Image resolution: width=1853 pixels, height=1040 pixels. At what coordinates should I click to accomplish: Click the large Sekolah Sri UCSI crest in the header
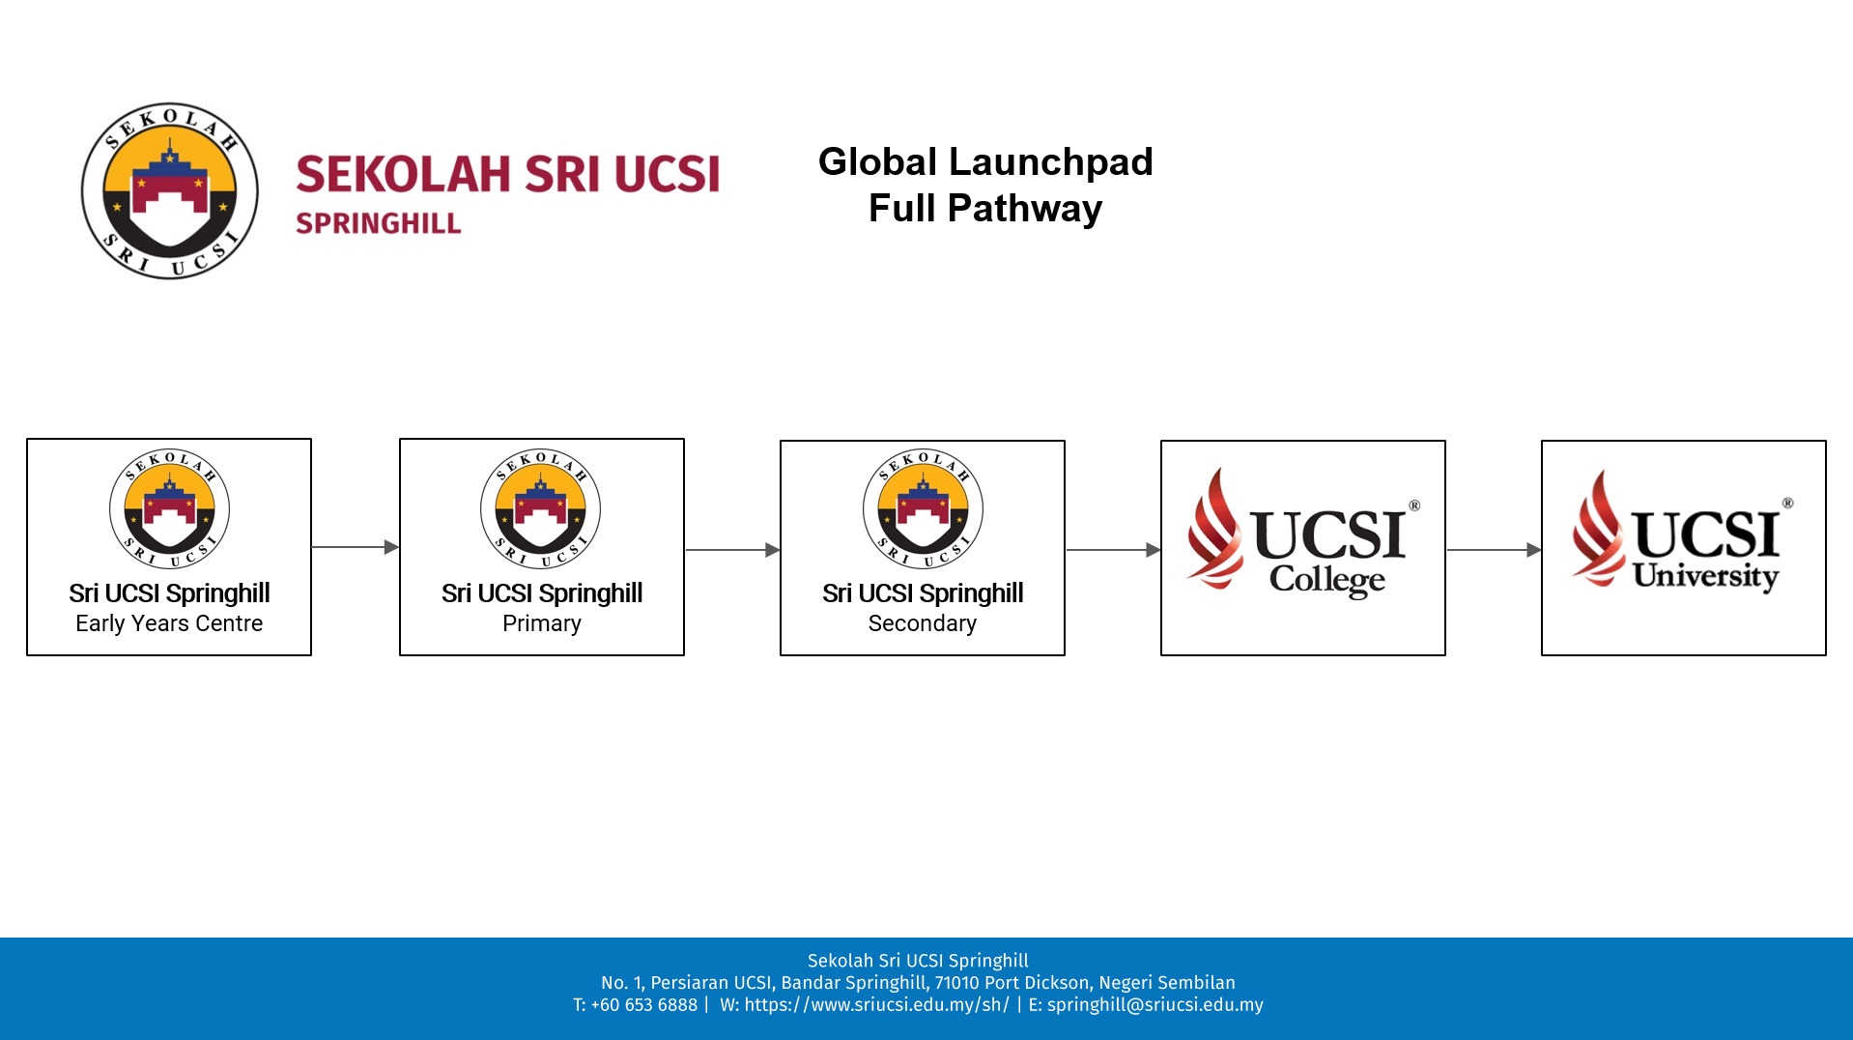(170, 191)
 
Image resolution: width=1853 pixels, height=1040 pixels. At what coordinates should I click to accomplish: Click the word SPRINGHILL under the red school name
(379, 223)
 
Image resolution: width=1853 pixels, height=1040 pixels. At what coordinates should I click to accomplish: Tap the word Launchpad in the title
(1051, 163)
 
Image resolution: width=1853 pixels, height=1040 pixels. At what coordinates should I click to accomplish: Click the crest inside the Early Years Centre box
(169, 508)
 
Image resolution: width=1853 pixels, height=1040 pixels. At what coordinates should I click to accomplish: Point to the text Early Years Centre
(169, 623)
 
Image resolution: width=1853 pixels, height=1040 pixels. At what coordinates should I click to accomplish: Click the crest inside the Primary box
(541, 508)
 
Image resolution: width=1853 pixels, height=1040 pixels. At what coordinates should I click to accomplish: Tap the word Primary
(542, 623)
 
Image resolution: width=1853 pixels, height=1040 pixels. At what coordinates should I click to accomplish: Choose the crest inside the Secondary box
(923, 508)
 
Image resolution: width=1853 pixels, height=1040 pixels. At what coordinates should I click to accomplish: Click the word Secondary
(923, 623)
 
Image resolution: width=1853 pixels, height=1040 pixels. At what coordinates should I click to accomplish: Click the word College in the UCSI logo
(1327, 580)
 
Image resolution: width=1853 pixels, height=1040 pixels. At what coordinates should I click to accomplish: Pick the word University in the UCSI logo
(1706, 576)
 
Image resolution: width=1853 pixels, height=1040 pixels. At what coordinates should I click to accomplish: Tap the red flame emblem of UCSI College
(1214, 529)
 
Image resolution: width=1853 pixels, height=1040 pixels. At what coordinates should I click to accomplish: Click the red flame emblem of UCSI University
(1598, 529)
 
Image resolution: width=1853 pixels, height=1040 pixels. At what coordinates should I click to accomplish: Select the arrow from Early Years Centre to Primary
(356, 547)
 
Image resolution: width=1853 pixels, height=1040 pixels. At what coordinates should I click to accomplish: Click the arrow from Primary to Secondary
(733, 550)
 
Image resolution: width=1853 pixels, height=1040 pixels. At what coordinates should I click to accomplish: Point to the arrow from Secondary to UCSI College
(1114, 550)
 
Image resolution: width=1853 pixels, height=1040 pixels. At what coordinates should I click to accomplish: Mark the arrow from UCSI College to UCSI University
(1495, 550)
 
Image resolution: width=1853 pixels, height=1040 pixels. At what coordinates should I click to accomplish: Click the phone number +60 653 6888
(644, 1005)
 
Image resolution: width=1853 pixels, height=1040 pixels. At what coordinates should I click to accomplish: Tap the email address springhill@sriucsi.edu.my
(1155, 1005)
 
